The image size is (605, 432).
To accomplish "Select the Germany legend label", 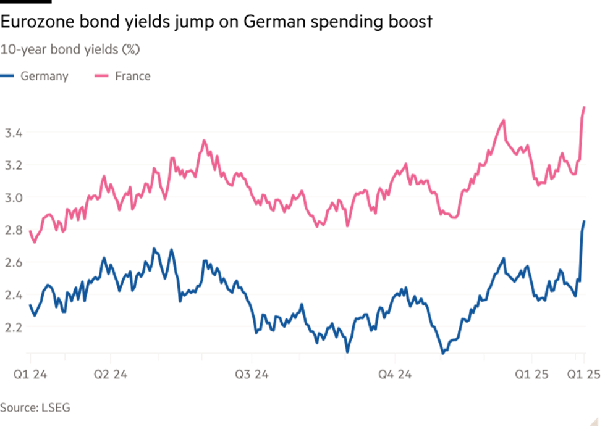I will point(44,77).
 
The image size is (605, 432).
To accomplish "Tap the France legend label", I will point(133,77).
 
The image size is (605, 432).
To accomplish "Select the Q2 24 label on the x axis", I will point(111,373).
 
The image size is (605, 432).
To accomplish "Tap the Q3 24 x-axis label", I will point(252,373).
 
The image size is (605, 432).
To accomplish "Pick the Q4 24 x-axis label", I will point(396,373).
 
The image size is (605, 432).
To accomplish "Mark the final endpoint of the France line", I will point(585,107).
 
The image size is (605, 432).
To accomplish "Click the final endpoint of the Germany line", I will point(585,221).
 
